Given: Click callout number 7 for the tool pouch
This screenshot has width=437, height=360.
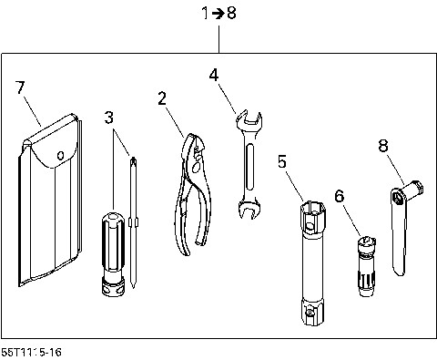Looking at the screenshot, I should (21, 87).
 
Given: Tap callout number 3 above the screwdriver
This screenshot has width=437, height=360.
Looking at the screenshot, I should (110, 118).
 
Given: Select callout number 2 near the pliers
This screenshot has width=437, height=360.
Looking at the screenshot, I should (162, 98).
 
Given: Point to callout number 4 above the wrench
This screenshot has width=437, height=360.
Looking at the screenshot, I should (213, 75).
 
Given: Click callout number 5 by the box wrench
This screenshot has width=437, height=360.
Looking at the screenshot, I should (283, 162).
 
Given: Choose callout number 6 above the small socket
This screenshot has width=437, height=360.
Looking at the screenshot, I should (340, 196).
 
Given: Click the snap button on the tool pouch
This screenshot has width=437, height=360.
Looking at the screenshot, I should (59, 155).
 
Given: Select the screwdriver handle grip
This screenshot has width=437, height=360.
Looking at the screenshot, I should (111, 242).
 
